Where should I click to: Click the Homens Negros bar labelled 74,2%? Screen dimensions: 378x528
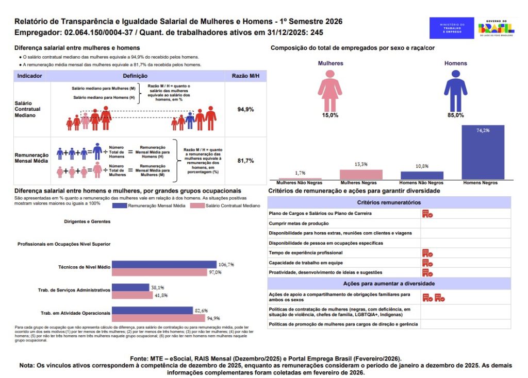[483, 152]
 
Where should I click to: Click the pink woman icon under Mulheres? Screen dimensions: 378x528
[329, 90]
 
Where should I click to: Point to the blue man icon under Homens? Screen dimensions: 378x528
[455, 90]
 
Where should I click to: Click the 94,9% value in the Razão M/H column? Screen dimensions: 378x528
[245, 110]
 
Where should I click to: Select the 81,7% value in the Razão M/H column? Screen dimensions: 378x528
[245, 161]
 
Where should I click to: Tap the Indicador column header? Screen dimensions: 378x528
[30, 76]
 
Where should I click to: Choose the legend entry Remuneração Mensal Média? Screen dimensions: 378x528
[150, 205]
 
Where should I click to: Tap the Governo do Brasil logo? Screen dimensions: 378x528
[496, 28]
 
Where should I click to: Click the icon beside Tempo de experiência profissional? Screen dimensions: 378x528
[427, 253]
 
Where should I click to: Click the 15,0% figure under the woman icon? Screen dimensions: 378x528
[330, 115]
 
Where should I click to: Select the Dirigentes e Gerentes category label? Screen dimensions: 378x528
[87, 221]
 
